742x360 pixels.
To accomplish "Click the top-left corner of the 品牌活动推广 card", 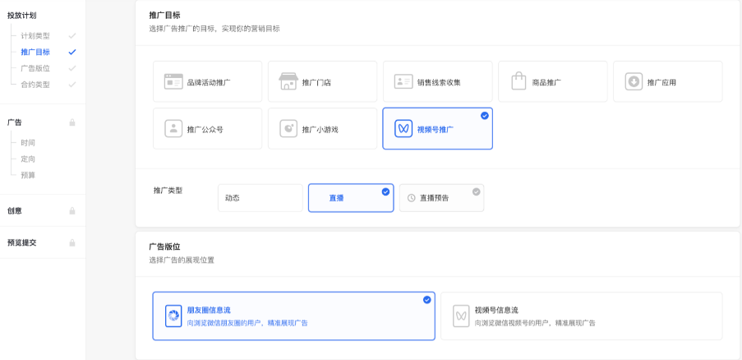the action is (x=154, y=61).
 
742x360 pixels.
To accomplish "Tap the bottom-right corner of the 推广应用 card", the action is (x=722, y=102).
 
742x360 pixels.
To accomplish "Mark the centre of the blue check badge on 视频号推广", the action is (x=485, y=115).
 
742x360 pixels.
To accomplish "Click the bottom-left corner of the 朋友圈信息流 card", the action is (x=153, y=340).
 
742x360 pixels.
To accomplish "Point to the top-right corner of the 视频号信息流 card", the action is (x=722, y=293).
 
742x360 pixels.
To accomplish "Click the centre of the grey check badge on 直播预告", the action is (x=476, y=192).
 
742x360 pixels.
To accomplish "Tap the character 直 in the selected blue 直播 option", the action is (x=333, y=198).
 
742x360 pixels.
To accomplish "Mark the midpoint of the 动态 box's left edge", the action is (x=218, y=198).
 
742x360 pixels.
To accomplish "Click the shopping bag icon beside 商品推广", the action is (x=518, y=81).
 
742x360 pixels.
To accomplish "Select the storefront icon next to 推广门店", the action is (x=288, y=81).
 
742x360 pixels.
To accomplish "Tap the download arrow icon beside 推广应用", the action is (x=634, y=81).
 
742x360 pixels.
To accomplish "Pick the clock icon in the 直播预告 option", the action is (x=411, y=198).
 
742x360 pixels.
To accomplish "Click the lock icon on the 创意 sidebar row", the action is (x=72, y=211).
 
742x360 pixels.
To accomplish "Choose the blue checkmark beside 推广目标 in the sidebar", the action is (x=72, y=52).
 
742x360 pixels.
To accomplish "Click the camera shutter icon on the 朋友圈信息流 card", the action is (x=173, y=316).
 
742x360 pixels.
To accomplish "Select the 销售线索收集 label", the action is (x=439, y=83).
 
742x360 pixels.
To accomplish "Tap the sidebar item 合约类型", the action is (x=35, y=85).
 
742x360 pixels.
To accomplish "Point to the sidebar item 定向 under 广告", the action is (x=29, y=159).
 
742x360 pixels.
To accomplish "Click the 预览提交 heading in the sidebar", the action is (x=21, y=242).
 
